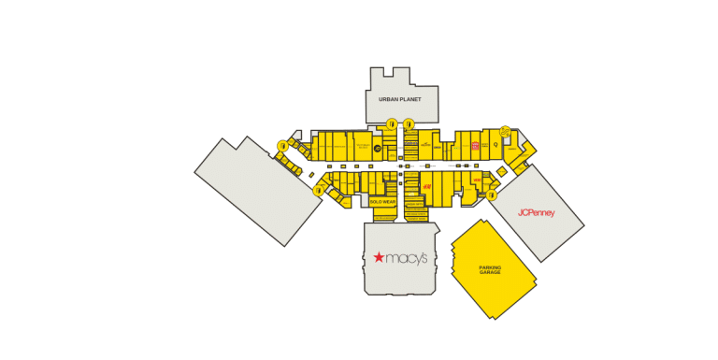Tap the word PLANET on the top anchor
coord(410,99)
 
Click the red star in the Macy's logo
coord(379,257)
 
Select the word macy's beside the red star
coord(408,257)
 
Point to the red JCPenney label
coord(537,212)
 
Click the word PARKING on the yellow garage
coord(490,267)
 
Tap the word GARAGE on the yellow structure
coord(490,272)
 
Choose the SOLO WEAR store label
coord(382,201)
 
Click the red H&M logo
coord(425,186)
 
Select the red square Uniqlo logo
coord(475,146)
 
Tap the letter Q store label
coord(495,144)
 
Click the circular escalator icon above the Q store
coord(505,131)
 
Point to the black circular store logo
coord(378,148)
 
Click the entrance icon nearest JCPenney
coord(492,195)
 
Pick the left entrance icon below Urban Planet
coord(391,123)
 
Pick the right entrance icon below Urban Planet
coord(409,123)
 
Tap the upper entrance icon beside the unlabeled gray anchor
coord(282,145)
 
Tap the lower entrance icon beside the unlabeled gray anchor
coord(319,190)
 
